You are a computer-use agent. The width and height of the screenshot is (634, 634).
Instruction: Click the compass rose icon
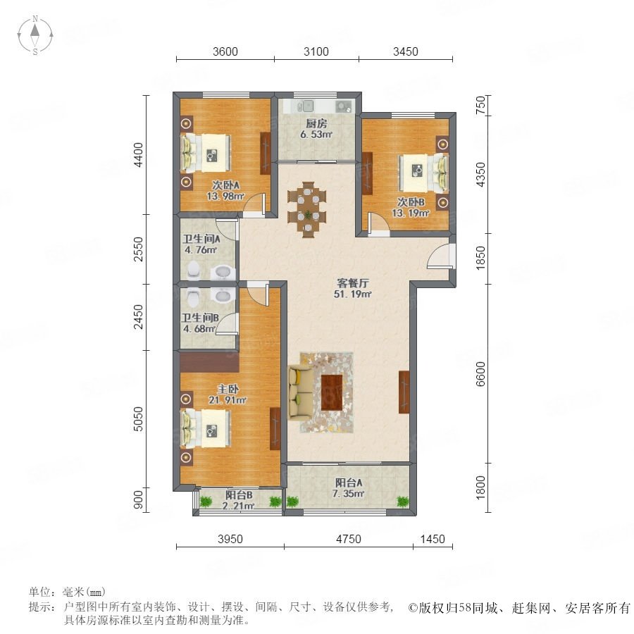point(35,35)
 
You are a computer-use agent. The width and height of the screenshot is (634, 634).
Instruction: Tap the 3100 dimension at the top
point(316,51)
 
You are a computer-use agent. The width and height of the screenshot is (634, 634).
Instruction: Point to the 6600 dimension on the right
point(480,373)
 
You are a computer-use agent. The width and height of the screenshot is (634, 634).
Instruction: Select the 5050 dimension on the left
point(138,419)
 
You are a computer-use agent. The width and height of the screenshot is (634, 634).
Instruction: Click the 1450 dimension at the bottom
point(433,539)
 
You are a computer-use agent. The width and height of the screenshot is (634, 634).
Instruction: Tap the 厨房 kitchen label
point(316,123)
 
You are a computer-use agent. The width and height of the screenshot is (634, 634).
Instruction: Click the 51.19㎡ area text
point(352,294)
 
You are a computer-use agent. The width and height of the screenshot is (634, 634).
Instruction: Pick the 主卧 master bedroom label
point(228,390)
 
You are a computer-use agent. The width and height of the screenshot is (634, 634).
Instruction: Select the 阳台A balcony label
point(349,483)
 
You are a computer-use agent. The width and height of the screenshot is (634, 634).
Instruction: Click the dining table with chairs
point(307,210)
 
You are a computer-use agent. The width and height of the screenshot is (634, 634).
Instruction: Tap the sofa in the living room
point(300,392)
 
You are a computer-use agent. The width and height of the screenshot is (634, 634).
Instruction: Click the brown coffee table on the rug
point(332,392)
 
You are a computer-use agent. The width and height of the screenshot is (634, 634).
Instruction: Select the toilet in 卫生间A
point(194,270)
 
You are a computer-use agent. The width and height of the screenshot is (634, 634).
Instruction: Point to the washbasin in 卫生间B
point(223,297)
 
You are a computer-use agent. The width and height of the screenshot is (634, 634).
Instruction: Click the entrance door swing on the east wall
point(440,256)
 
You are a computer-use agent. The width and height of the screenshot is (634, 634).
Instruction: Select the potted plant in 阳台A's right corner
point(403,502)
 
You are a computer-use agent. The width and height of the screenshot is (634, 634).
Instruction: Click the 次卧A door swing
point(255,203)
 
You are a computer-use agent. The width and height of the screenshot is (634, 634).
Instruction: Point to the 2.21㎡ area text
point(238,505)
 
